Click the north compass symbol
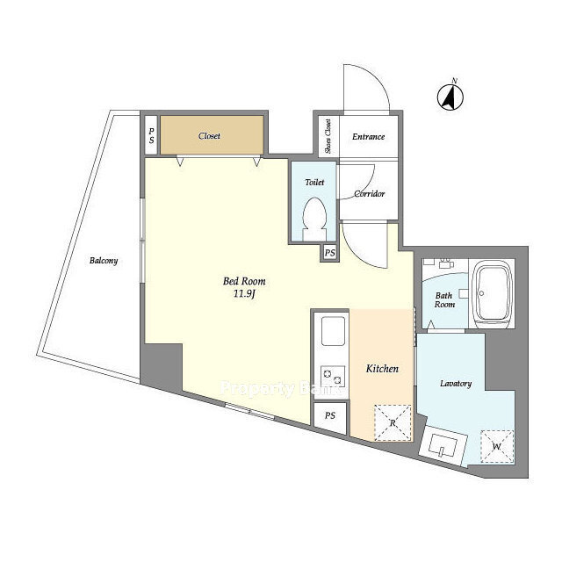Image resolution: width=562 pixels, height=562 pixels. point(450,96)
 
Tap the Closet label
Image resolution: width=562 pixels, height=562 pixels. point(209,136)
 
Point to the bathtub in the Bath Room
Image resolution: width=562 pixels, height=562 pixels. point(492,293)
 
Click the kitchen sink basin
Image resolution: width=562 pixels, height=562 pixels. point(333,331)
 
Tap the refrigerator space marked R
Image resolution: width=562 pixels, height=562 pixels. point(393,423)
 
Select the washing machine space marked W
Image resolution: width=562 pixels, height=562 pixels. point(497,447)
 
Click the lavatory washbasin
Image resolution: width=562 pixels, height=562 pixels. point(443,445)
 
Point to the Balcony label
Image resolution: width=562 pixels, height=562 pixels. point(104,261)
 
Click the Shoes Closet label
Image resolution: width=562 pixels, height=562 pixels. point(328,137)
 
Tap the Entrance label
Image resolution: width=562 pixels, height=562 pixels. point(369,137)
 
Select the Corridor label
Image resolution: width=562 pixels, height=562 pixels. point(369,194)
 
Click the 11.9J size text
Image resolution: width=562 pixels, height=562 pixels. point(244,294)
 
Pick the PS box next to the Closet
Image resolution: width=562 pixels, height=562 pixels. point(151,135)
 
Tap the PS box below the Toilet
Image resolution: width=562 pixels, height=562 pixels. point(330,253)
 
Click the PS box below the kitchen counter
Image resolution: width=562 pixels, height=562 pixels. point(330,415)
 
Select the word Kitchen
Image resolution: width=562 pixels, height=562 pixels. point(382,369)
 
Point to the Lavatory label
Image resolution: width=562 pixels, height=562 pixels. point(456,384)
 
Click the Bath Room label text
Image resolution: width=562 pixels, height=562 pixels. point(444,300)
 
